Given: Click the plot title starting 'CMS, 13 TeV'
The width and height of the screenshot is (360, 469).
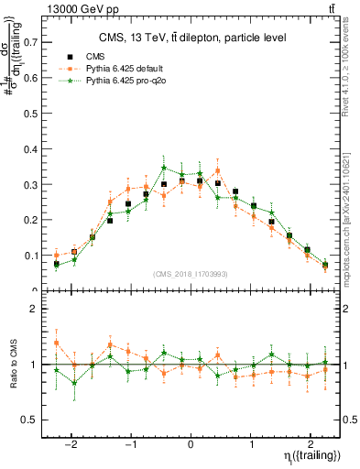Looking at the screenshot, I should (191, 38).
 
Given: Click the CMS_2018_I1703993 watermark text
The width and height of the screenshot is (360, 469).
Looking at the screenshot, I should (191, 273).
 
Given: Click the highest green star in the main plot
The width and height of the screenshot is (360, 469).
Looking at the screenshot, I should (164, 168).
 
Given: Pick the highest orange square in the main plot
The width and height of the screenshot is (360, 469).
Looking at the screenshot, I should (217, 170).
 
